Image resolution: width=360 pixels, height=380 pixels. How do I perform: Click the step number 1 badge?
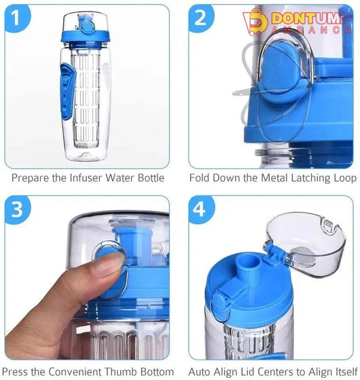[x=17, y=18]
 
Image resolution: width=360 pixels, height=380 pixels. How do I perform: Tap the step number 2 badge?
[x=201, y=18]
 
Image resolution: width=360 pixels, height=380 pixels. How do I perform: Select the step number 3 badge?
[x=17, y=210]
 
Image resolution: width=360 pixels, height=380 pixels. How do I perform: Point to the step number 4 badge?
[x=201, y=210]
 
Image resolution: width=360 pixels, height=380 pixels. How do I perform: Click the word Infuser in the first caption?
[x=86, y=178]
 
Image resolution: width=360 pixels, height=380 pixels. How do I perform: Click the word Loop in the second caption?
[x=346, y=178]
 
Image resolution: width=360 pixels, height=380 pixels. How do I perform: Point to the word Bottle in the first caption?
[x=151, y=178]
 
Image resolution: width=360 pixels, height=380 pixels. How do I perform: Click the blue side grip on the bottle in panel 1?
[x=67, y=92]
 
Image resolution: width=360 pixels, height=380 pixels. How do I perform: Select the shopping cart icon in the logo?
[x=255, y=22]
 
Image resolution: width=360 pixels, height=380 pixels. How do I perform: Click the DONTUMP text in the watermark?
[x=311, y=18]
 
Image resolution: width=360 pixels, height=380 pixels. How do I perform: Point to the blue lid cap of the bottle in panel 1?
[x=85, y=37]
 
